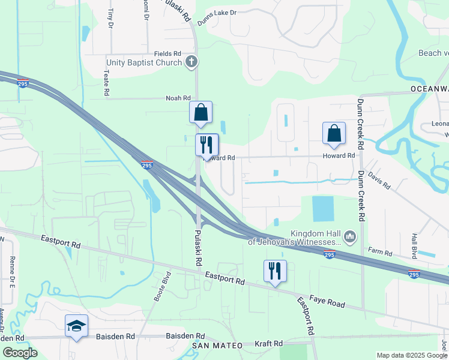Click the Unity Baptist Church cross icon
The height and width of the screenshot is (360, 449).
[191, 61]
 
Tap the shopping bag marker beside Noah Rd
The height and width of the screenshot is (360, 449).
[200, 112]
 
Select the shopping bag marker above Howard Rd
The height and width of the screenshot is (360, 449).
[334, 133]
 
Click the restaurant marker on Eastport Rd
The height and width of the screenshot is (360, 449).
[275, 270]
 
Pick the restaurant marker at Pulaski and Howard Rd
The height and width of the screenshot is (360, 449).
[205, 144]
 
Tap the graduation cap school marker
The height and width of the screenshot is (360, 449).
[76, 325]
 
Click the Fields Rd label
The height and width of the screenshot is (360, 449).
[167, 53]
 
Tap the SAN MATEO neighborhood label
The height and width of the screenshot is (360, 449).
[217, 346]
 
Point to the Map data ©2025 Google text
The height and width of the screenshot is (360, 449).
[411, 355]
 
